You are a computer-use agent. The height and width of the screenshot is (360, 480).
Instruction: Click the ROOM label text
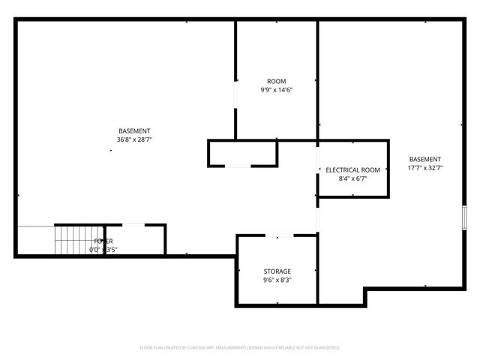point(277,81)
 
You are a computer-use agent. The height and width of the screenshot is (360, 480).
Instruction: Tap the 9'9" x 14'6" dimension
point(277,90)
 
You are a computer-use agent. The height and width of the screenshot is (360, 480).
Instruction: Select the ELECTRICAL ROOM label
point(352,170)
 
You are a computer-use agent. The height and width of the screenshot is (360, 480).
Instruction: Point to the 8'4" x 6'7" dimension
point(352,179)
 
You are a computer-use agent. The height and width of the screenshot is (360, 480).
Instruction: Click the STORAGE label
point(277,271)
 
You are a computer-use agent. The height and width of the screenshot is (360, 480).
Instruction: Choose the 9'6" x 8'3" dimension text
point(277,280)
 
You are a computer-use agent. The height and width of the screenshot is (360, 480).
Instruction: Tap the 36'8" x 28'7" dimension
point(134,139)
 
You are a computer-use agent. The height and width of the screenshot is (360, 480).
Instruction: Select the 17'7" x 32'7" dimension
point(424,168)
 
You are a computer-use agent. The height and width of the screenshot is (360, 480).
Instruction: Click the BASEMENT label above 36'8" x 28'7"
point(134,130)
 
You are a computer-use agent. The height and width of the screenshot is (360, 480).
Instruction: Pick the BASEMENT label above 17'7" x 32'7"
point(424,159)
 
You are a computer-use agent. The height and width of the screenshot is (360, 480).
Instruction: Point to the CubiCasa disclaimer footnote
point(240,348)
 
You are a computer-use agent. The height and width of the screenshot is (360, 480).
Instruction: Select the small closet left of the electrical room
point(242,152)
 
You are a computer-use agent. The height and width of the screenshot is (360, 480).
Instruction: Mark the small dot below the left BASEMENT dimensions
point(111,150)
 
